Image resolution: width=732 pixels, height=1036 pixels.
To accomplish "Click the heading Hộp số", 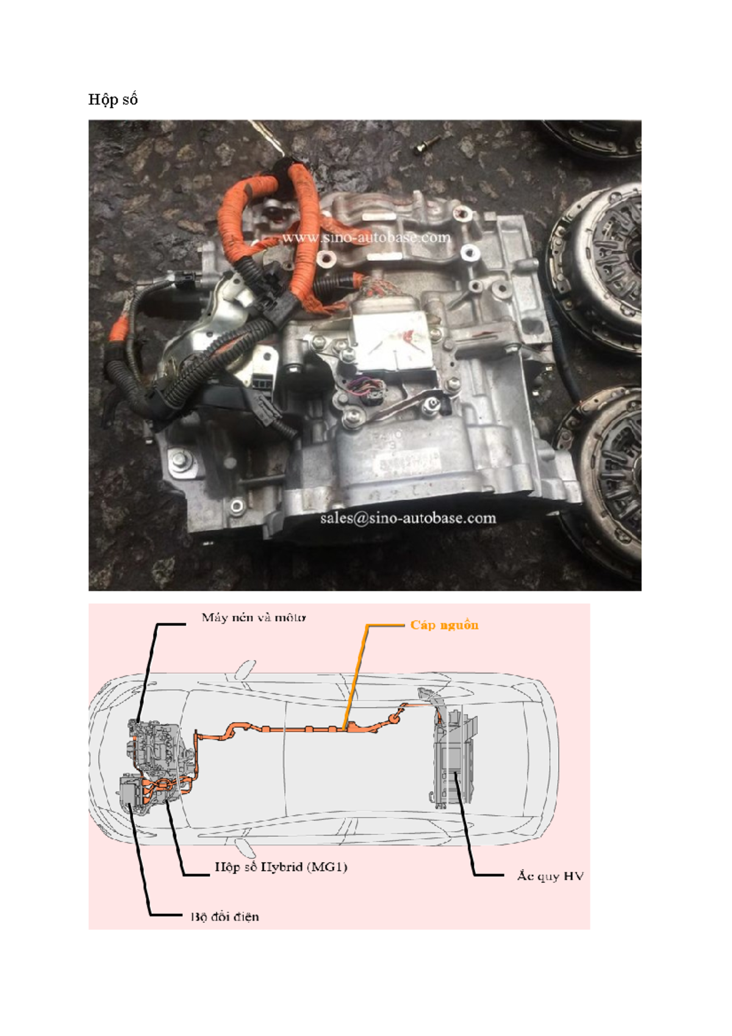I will coord(113,99).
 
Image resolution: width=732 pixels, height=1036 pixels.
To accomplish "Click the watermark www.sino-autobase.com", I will coord(365,237).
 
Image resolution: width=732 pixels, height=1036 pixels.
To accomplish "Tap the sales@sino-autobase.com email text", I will coord(407,518).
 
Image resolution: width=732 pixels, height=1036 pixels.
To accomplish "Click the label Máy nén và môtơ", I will coord(254,617).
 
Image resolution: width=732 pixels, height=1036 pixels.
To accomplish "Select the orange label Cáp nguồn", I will coord(444,625).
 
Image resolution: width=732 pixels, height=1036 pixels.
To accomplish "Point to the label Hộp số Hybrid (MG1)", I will coord(281,867).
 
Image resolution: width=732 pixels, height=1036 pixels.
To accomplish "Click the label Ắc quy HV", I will coord(550,876).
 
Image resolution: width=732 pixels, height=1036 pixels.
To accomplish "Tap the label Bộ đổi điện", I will coord(224,916).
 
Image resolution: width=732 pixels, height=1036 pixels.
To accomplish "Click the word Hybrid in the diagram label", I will coord(281,867).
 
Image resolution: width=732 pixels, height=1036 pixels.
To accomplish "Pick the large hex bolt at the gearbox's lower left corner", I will coord(181,460).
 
